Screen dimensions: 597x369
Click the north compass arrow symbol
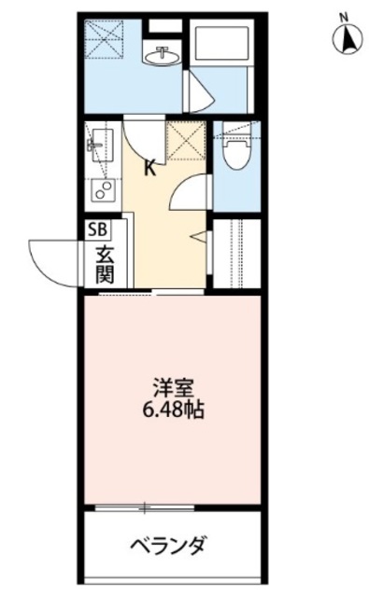pos(347,39)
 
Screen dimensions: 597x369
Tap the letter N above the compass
pos(344,16)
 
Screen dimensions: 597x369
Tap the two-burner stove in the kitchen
pos(100,191)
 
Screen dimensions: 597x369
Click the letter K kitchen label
pos(149,169)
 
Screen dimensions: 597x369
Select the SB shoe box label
pos(97,229)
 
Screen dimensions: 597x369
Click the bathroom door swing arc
pos(199,90)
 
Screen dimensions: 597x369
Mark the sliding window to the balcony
pos(146,508)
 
